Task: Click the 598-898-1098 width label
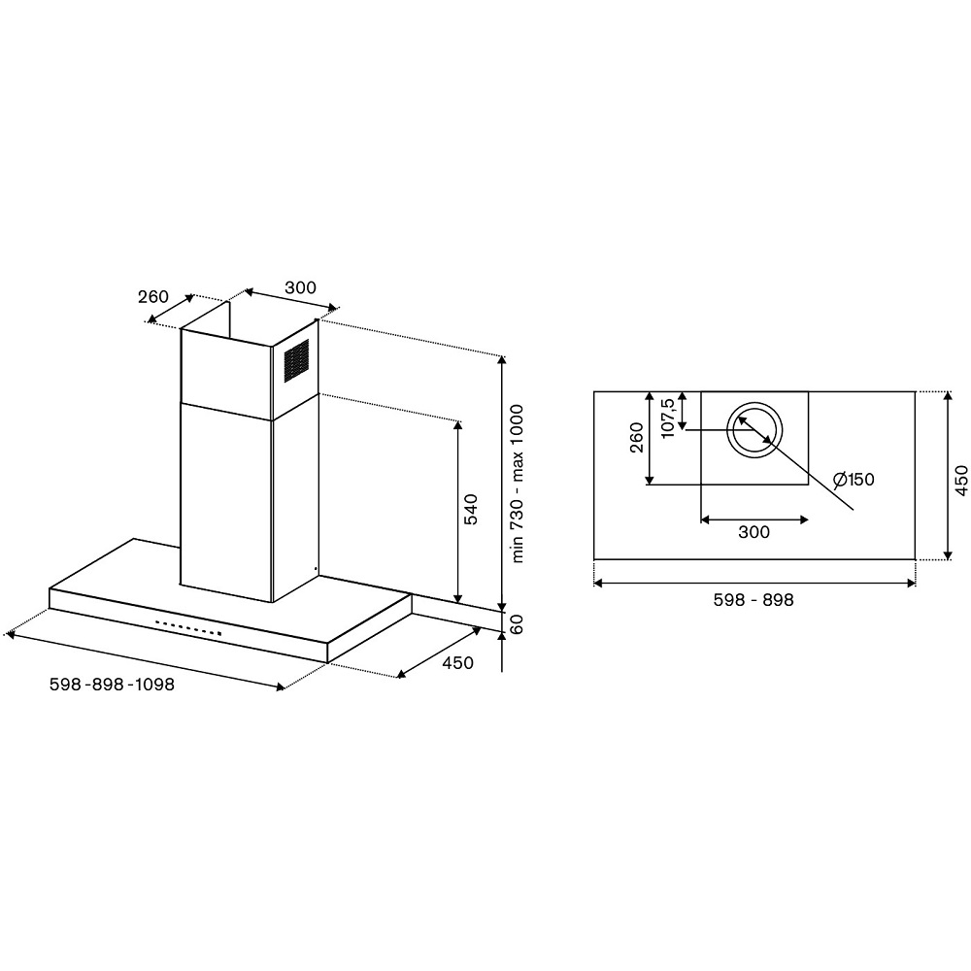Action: [112, 685]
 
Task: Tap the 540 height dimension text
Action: [471, 509]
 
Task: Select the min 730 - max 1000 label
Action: [518, 484]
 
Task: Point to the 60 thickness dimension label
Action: [518, 624]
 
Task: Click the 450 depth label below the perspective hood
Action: [457, 662]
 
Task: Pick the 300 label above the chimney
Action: [300, 287]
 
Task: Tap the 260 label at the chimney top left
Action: [153, 296]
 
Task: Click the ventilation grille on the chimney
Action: [296, 361]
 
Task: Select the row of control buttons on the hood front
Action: [188, 628]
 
